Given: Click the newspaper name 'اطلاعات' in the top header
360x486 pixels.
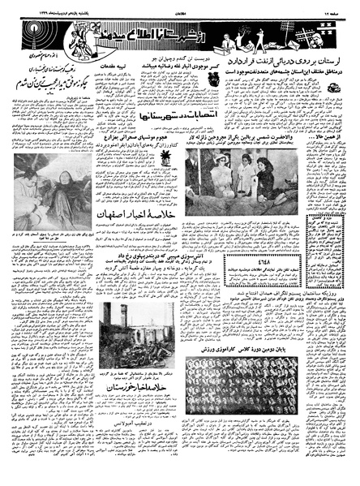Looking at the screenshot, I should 180,6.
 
